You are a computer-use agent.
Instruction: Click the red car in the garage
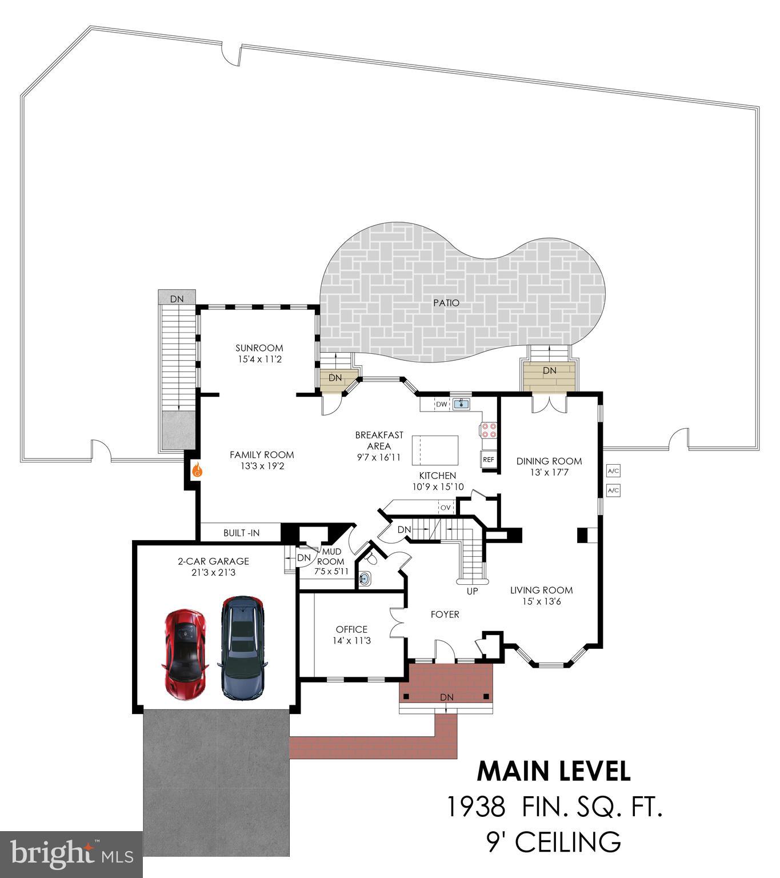pos(185,654)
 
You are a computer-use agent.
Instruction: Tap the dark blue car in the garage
pos(243,648)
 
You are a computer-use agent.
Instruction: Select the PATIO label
pos(446,303)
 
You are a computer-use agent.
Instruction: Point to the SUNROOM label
pos(259,348)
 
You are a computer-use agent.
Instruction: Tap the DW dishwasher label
pos(441,404)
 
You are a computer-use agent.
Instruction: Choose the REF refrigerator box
pos(488,459)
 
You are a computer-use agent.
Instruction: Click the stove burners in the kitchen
pos(488,429)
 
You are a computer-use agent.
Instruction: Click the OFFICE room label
pos(351,629)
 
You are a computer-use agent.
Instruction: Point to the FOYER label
pos(445,614)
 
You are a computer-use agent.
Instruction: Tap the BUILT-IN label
pos(241,533)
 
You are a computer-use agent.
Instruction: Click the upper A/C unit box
pos(613,471)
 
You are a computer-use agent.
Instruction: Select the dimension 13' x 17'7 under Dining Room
pos(549,473)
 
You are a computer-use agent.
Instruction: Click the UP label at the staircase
pos(472,591)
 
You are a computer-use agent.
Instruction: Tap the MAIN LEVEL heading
pos(554,771)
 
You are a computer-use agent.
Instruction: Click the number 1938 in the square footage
pos(475,807)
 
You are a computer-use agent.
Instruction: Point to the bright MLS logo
pos(71,855)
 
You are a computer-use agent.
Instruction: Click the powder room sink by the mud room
pos(365,578)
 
